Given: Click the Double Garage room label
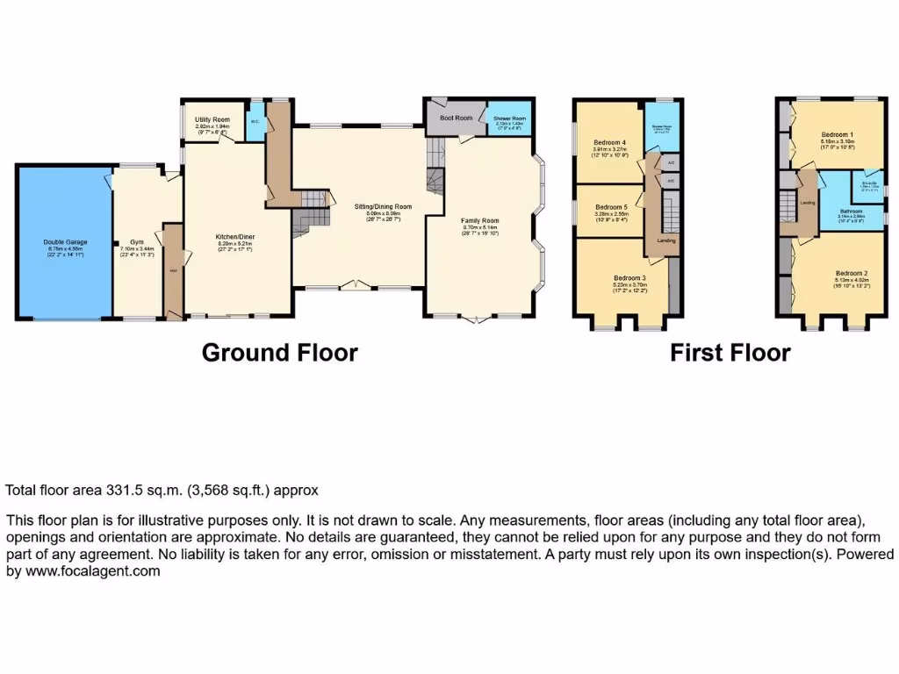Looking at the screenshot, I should click(x=62, y=241).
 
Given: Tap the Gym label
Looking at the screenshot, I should click(x=137, y=241).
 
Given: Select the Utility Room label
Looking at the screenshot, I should click(x=212, y=119).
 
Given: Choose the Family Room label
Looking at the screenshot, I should click(x=479, y=220).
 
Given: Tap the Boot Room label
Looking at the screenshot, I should click(x=456, y=118).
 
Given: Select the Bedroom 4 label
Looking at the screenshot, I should click(x=609, y=142).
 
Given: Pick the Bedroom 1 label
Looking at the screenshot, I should click(x=836, y=133).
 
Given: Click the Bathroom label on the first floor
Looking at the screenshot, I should click(x=850, y=212).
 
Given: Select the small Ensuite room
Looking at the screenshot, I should click(x=869, y=184).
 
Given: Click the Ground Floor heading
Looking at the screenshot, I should click(x=279, y=353).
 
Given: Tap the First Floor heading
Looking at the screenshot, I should click(x=730, y=353).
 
